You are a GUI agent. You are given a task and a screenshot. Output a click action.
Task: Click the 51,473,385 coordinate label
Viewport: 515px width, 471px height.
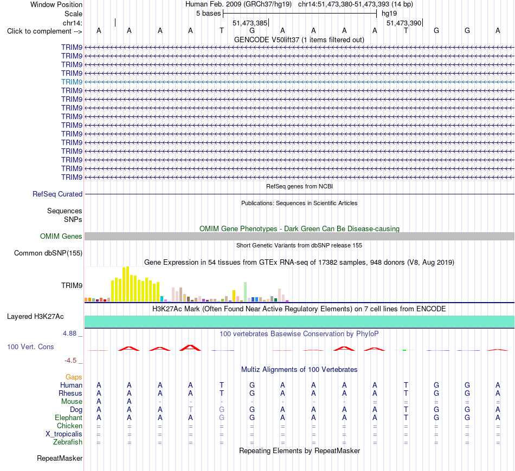[x=250, y=23]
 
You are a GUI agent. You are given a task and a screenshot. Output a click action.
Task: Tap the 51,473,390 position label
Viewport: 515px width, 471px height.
[x=404, y=23]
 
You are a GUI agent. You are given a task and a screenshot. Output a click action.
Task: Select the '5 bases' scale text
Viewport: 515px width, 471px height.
[x=209, y=14]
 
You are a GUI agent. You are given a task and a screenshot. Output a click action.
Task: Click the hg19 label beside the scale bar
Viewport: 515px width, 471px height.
[x=389, y=14]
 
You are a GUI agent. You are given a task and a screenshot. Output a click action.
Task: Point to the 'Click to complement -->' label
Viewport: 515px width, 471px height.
[x=44, y=31]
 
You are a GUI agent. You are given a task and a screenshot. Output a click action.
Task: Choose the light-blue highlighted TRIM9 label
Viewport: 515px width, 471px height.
[x=72, y=82]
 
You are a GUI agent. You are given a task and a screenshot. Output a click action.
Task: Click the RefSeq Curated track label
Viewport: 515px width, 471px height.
[x=57, y=194]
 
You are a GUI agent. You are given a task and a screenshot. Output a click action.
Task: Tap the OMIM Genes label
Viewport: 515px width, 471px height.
[x=61, y=236]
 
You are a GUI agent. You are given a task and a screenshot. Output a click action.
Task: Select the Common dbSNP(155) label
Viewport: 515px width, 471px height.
[x=48, y=253]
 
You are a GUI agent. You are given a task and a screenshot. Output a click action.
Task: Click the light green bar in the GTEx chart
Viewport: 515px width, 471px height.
[x=245, y=292]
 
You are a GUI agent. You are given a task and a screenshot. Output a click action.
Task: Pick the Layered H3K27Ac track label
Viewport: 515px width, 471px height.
[x=35, y=317]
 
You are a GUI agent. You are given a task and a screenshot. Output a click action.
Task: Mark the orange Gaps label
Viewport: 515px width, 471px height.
[x=74, y=377]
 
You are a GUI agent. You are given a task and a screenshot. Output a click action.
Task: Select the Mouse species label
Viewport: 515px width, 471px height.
[x=72, y=402]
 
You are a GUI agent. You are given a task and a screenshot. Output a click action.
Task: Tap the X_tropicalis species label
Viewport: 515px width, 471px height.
[x=64, y=434]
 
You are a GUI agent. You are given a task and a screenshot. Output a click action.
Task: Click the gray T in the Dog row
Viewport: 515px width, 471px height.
[x=190, y=409]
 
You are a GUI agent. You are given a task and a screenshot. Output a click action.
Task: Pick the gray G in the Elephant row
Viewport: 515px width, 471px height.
[x=222, y=417]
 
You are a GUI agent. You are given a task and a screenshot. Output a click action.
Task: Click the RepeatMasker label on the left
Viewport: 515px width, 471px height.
[x=60, y=458]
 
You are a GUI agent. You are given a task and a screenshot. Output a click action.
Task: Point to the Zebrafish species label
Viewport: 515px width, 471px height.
[x=68, y=442]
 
